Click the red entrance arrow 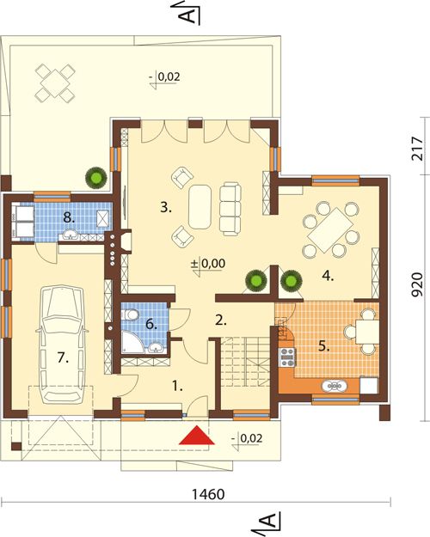[x=196, y=436]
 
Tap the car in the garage [x=62, y=344]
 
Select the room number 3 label [x=166, y=208]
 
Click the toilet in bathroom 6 [x=131, y=314]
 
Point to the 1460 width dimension [x=208, y=495]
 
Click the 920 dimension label [x=416, y=285]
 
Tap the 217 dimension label [x=416, y=149]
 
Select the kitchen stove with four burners [x=287, y=357]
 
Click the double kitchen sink [x=335, y=386]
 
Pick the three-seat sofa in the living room [x=230, y=209]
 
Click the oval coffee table [x=200, y=206]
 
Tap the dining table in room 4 [x=330, y=229]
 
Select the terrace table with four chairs [x=55, y=82]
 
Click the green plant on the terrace [x=96, y=177]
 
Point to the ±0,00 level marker [x=208, y=264]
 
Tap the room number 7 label [x=63, y=358]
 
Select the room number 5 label [x=323, y=346]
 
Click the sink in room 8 [x=71, y=235]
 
